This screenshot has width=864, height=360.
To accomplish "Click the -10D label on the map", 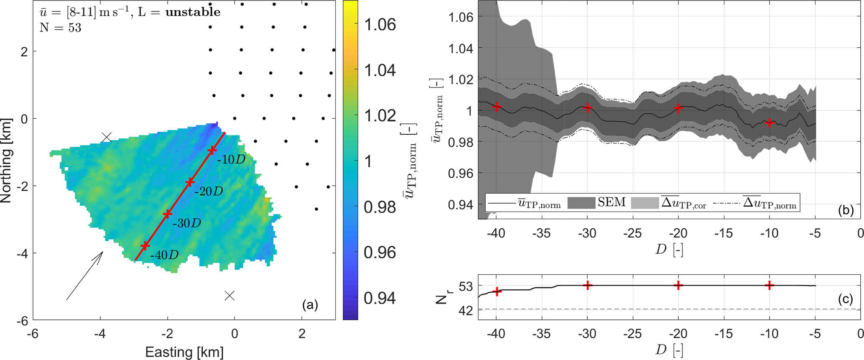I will pyautogui.click(x=231, y=159).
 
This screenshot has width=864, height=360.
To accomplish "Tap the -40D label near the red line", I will pyautogui.click(x=164, y=254).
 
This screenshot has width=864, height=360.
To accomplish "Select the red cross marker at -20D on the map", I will pyautogui.click(x=190, y=182).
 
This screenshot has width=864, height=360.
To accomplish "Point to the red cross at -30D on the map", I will pyautogui.click(x=167, y=214).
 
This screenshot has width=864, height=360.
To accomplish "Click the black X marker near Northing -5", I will pyautogui.click(x=229, y=296).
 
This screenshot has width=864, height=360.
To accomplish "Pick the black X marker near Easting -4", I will pyautogui.click(x=107, y=138).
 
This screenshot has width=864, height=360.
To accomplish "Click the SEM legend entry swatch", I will pyautogui.click(x=581, y=203).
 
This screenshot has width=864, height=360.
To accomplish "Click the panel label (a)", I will pyautogui.click(x=310, y=305).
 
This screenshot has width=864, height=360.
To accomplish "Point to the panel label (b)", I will pyautogui.click(x=845, y=210).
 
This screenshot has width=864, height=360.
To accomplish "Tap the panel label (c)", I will pyautogui.click(x=845, y=299).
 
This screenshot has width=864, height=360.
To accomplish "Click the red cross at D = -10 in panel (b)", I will pyautogui.click(x=769, y=123).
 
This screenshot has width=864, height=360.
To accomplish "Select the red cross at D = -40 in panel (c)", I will pyautogui.click(x=497, y=291).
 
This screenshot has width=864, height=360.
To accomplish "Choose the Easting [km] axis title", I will pyautogui.click(x=184, y=352).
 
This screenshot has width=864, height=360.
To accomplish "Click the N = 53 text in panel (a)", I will pyautogui.click(x=61, y=28).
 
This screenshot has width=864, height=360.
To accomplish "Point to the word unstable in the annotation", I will pyautogui.click(x=193, y=12).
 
